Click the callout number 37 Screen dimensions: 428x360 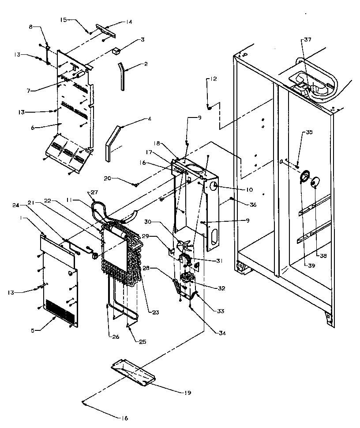click(x=307, y=40)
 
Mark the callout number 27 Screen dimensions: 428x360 click(x=94, y=192)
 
